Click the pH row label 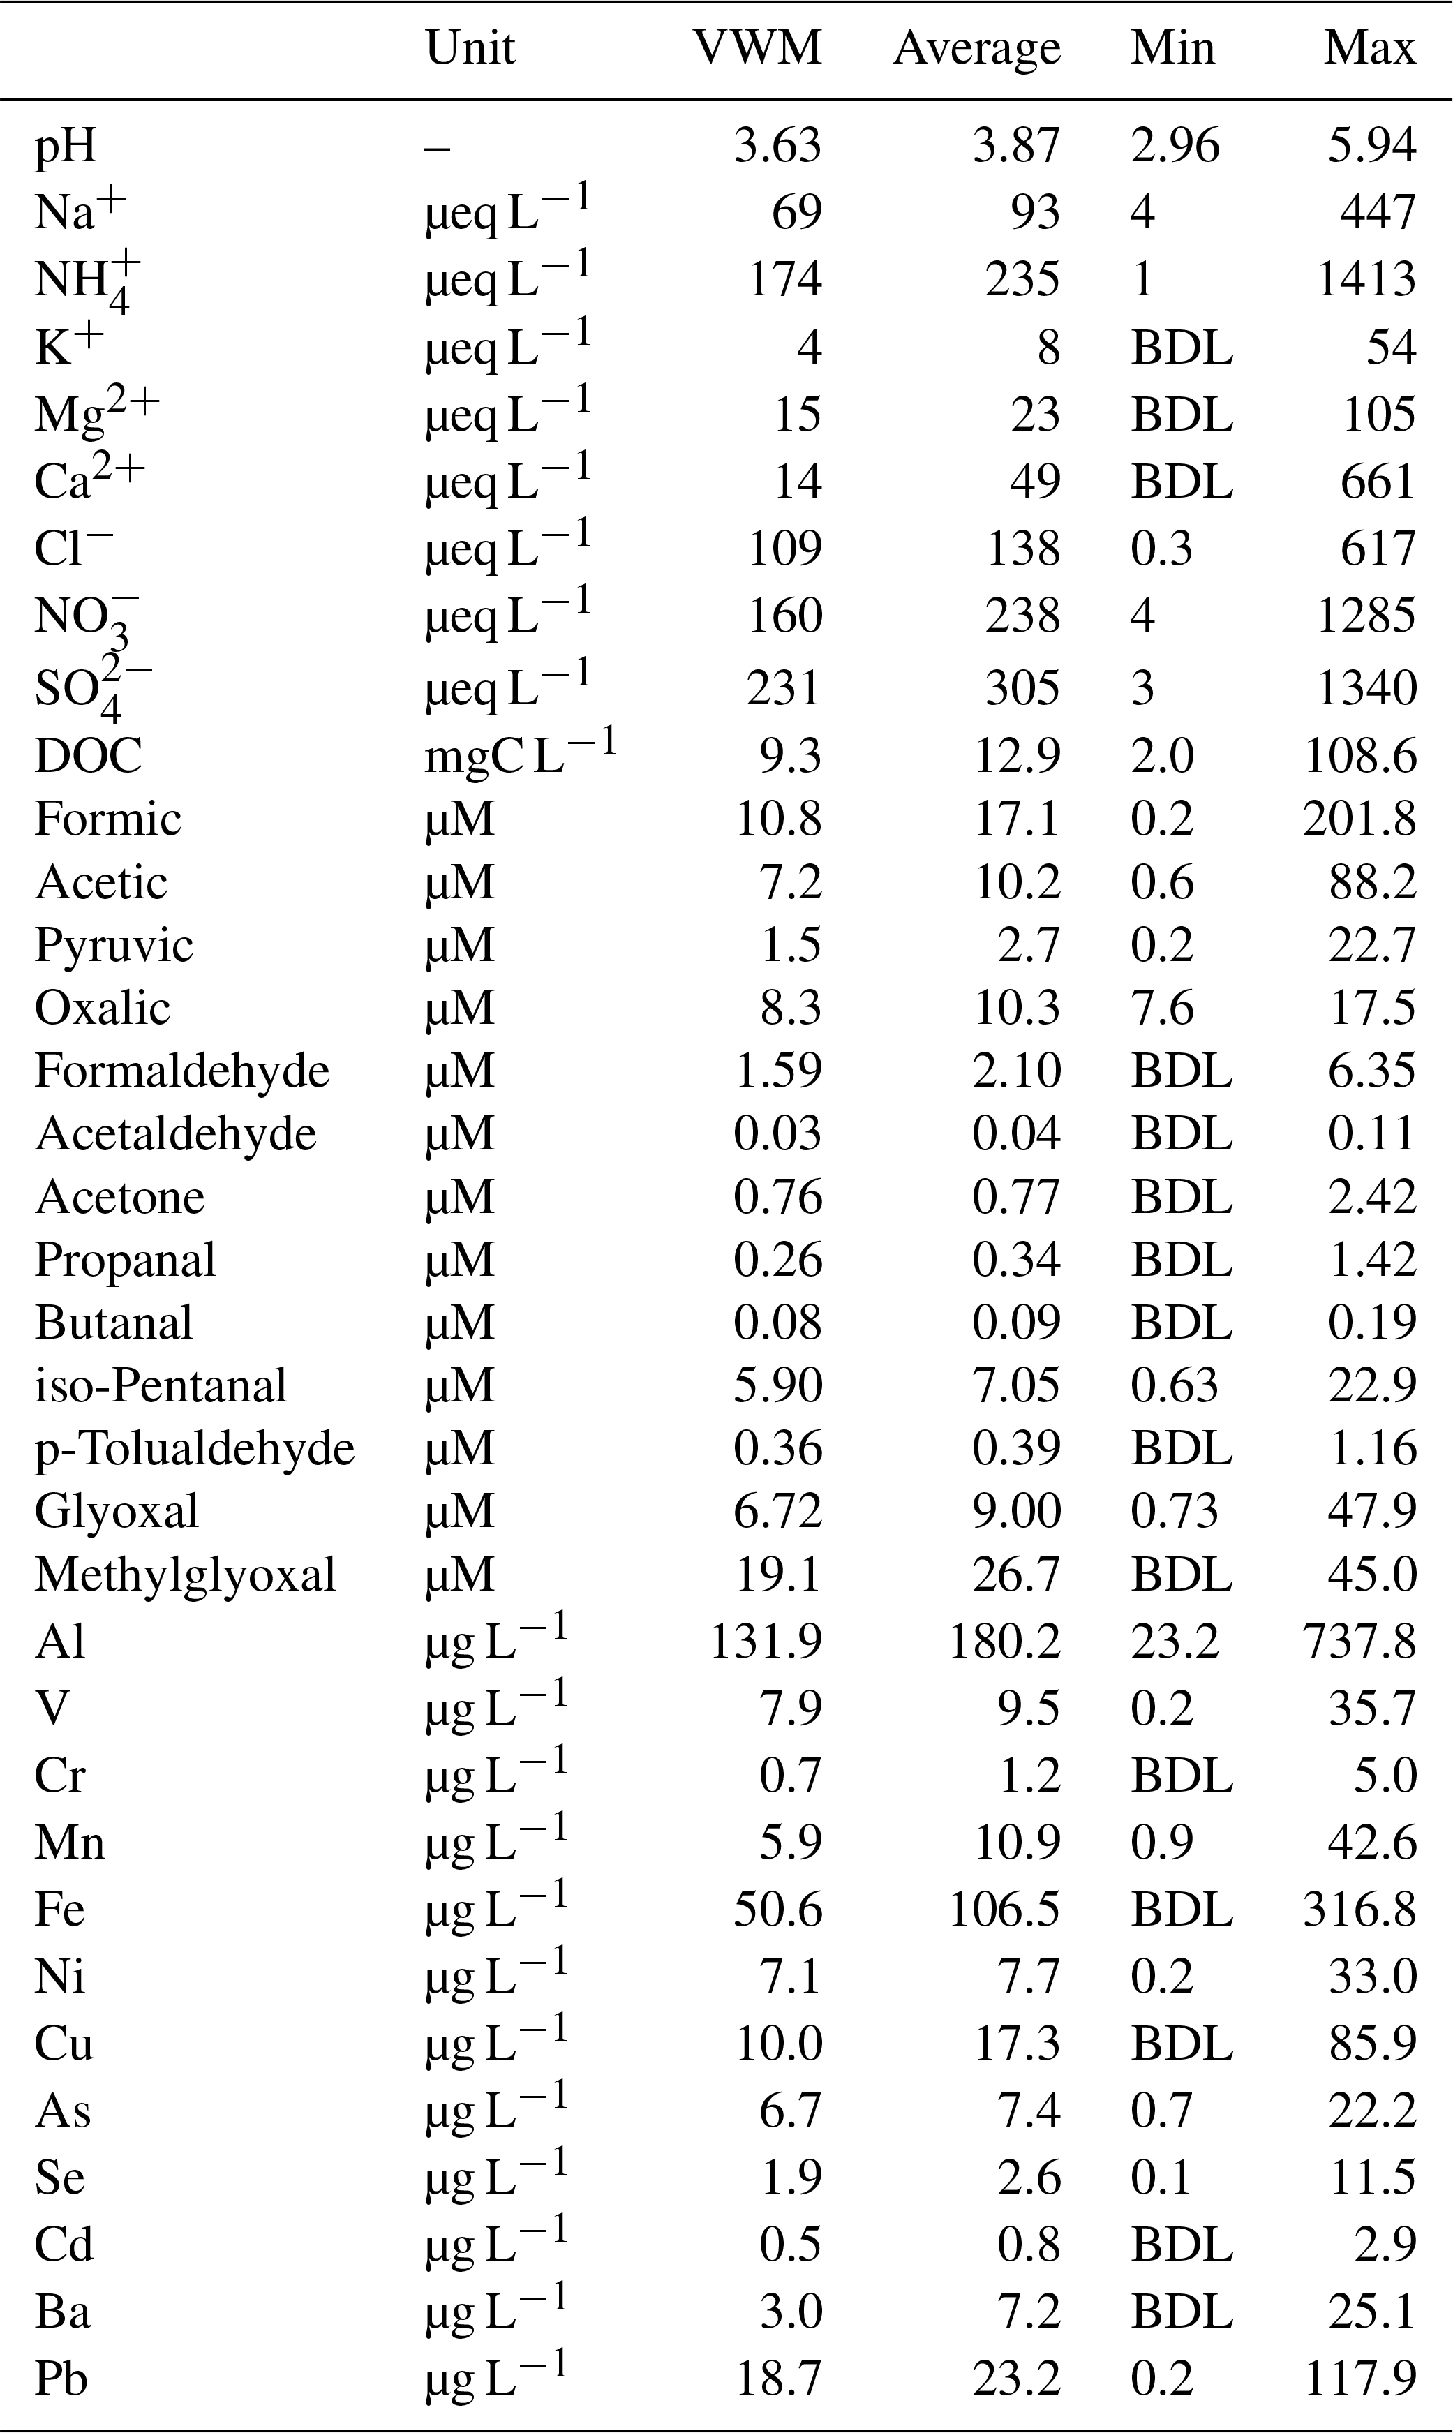[66, 147]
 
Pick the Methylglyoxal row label [185, 1575]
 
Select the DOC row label [88, 756]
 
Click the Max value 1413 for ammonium [1366, 279]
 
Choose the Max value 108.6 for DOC [1360, 756]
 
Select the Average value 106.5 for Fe [1004, 1909]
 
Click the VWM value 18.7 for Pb [778, 2377]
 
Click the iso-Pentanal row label [161, 1385]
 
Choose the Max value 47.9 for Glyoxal [1372, 1511]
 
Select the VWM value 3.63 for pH [777, 147]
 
